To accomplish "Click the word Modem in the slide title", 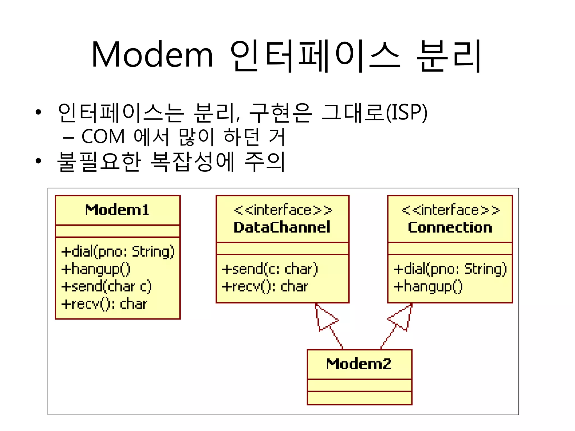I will [152, 55].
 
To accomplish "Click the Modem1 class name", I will [117, 210].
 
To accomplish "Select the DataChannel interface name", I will [282, 227].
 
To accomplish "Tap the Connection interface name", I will [450, 227].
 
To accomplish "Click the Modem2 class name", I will [359, 364].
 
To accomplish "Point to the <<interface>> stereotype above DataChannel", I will [283, 210].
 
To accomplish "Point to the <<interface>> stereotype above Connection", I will [450, 210].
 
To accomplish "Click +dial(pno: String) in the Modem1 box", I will [118, 251].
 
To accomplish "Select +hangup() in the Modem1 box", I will [96, 269].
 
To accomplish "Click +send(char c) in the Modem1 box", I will [106, 286].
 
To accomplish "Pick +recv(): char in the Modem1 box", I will [104, 304].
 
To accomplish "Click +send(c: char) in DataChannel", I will [270, 269].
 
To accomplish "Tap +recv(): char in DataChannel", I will [265, 286].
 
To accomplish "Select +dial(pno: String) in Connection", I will [450, 269].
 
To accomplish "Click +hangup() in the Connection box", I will [428, 286].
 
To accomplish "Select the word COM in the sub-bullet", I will [103, 137].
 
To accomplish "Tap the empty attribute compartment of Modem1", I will [118, 231].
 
